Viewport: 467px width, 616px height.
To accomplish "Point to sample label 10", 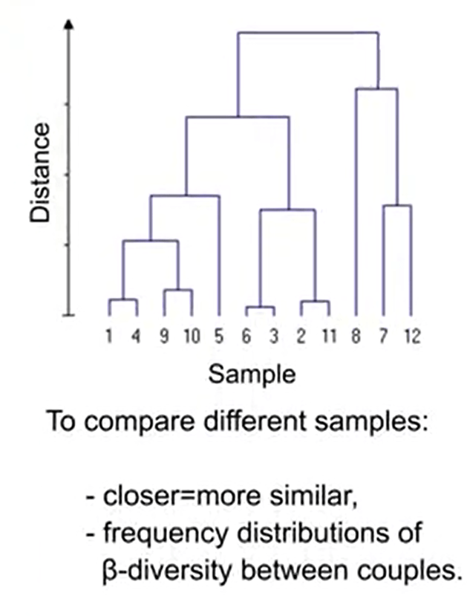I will click(192, 336).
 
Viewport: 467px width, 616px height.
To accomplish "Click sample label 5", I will click(219, 336).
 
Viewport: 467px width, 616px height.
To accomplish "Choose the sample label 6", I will click(246, 336).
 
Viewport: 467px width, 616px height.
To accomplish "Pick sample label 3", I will click(274, 336).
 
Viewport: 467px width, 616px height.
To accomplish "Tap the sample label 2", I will click(301, 336).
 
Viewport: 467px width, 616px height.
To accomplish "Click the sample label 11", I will click(328, 336).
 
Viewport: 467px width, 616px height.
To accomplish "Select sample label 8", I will click(356, 336).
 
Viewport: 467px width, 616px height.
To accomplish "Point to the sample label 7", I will click(383, 336).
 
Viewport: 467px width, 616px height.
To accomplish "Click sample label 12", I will click(411, 336).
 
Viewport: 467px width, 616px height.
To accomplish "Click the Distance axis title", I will click(42, 173).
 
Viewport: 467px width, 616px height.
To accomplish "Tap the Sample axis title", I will click(252, 373).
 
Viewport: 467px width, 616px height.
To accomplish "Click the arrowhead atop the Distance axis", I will click(69, 24).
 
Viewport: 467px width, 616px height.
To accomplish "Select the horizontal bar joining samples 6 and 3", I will click(260, 307).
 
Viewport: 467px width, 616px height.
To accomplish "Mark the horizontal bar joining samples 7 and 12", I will click(397, 206).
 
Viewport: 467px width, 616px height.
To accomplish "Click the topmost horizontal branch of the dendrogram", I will click(307, 33).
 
